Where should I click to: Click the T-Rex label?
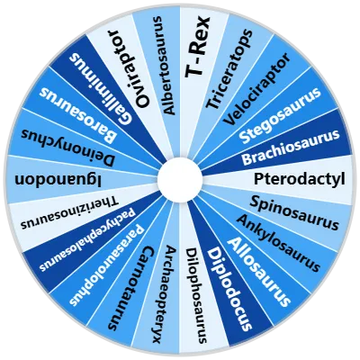(197, 48)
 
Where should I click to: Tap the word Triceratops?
(229, 69)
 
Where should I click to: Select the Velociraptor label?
(256, 89)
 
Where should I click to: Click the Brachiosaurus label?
(291, 147)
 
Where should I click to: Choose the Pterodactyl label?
(299, 179)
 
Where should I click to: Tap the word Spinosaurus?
(294, 212)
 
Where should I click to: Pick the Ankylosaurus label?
(277, 243)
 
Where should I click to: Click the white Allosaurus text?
(258, 271)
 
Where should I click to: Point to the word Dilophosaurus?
(196, 295)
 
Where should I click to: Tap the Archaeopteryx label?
(164, 294)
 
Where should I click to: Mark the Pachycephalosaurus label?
(88, 239)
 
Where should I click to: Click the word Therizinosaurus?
(69, 212)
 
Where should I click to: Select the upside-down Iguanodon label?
(58, 180)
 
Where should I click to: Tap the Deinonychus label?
(67, 147)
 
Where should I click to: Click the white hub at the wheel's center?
(180, 179)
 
